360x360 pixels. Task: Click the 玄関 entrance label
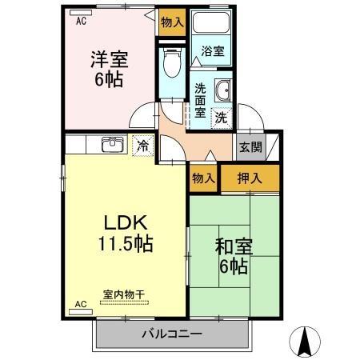click(x=250, y=146)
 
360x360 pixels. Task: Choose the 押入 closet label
click(x=250, y=177)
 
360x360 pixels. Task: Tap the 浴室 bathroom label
click(x=212, y=51)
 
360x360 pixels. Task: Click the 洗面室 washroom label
click(x=200, y=102)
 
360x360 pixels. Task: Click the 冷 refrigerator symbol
click(x=143, y=146)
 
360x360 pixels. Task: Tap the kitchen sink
click(x=111, y=146)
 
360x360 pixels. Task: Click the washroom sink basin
click(x=222, y=90)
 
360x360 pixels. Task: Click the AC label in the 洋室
click(x=82, y=22)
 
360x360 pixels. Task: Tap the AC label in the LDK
click(x=81, y=304)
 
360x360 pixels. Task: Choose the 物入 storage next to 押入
click(x=203, y=177)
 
